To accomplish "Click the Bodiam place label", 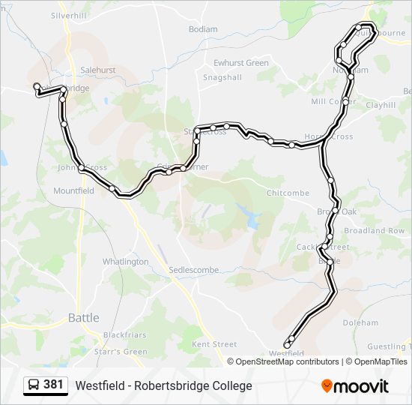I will (x=203, y=29).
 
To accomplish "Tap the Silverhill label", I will (x=70, y=15).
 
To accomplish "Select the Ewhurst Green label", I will (x=240, y=63).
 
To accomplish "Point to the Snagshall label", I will (x=222, y=77).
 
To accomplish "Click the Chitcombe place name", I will (x=288, y=193).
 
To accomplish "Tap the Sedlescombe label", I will (x=193, y=269).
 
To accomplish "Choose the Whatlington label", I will (x=125, y=262).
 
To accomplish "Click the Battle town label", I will (x=83, y=318).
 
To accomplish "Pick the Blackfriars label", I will (x=124, y=334).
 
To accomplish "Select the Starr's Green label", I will (x=121, y=351).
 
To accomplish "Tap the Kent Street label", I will (x=214, y=344).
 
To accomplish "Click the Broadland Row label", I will (x=374, y=231).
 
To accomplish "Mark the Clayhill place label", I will (x=381, y=106).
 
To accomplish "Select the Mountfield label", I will (x=73, y=191).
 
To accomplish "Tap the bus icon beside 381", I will (x=33, y=385).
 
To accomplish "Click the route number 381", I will (x=53, y=385).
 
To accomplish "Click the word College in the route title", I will (x=228, y=386).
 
